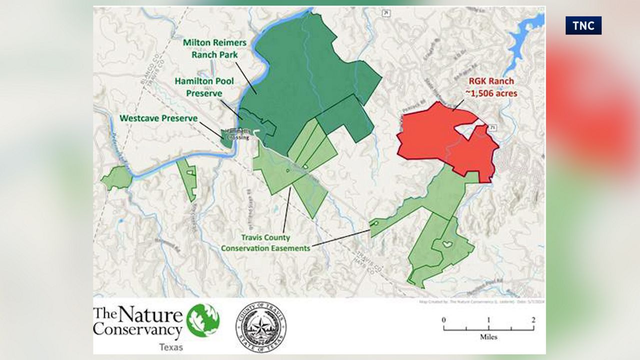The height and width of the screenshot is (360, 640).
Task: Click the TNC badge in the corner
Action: [x=583, y=25]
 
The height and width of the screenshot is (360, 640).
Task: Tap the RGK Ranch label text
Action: [x=490, y=81]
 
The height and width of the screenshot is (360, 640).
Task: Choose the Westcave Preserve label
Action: [x=158, y=118]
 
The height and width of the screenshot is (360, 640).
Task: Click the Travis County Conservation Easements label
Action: [x=265, y=242]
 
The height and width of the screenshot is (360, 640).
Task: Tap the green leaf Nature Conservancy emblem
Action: [x=203, y=320]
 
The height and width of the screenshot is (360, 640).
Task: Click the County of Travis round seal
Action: [x=260, y=326]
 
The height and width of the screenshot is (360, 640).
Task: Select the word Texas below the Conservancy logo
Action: [x=170, y=347]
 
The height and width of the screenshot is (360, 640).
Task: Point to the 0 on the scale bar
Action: [x=443, y=320]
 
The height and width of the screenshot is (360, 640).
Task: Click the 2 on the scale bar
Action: [x=533, y=320]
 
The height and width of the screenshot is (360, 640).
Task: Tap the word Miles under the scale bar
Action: [x=488, y=337]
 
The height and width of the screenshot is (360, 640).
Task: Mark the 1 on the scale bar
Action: [x=488, y=320]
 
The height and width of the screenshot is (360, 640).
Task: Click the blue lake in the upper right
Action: [x=522, y=35]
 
